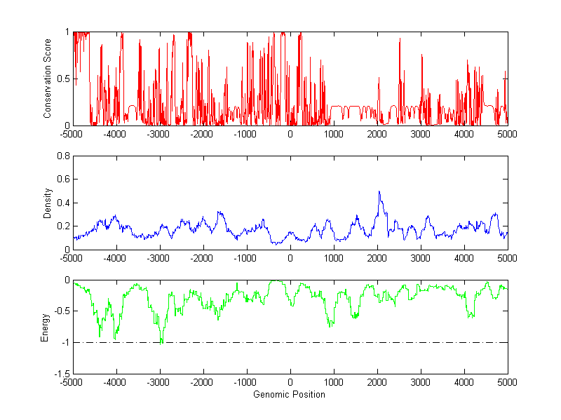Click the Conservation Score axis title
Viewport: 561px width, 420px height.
coord(48,79)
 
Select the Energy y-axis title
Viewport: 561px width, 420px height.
coord(45,326)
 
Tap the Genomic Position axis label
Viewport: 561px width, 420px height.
coord(289,395)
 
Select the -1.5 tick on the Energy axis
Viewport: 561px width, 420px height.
coord(60,374)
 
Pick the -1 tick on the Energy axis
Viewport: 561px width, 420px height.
coord(64,342)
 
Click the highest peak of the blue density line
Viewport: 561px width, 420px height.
coord(379,191)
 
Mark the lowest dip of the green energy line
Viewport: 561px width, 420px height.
coord(161,344)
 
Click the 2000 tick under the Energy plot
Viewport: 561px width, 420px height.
coord(377,382)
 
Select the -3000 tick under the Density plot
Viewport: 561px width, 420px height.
coord(158,257)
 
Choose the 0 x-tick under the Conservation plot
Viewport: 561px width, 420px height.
coord(290,133)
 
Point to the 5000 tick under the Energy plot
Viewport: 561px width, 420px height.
coord(507,382)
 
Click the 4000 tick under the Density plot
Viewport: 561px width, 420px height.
coord(464,257)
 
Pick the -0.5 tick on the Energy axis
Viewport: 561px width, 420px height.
coord(60,311)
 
